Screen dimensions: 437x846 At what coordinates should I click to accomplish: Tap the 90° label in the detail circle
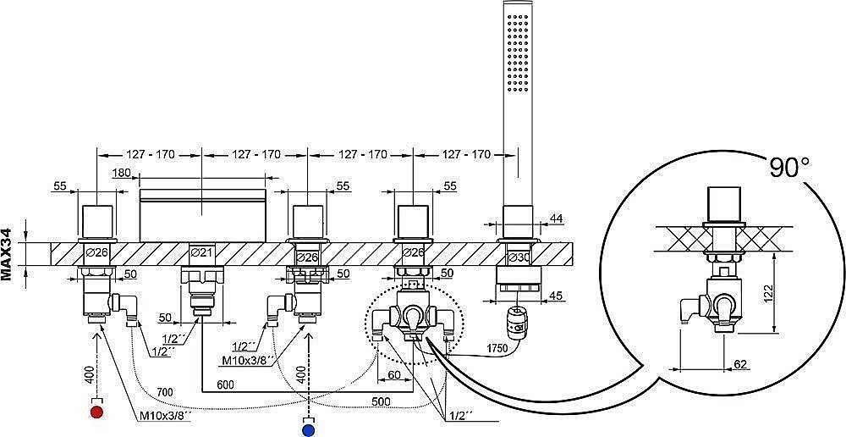(784, 167)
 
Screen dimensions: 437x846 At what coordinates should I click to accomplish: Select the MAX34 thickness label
(8, 254)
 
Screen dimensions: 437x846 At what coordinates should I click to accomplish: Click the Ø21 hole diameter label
(201, 252)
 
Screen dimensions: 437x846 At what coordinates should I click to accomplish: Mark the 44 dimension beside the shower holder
(556, 218)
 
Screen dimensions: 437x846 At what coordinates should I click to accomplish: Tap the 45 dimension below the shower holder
(556, 296)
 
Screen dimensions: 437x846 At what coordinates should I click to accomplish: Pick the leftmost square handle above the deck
(97, 219)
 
